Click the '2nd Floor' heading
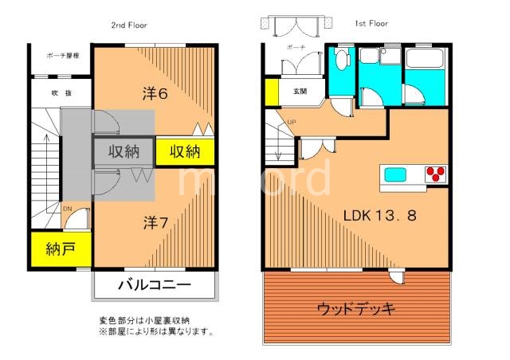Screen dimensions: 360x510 (x=128, y=25)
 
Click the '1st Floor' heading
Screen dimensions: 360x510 (x=371, y=24)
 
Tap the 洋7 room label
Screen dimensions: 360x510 (x=155, y=222)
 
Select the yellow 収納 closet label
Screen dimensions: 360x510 (x=184, y=151)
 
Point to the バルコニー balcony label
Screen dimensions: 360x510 (x=155, y=284)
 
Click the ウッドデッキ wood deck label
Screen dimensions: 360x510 (x=355, y=308)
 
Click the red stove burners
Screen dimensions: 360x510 (x=436, y=174)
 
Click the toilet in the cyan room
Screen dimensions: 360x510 (x=342, y=62)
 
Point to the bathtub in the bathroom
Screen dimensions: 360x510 (x=426, y=61)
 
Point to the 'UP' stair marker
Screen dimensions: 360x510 (x=291, y=122)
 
